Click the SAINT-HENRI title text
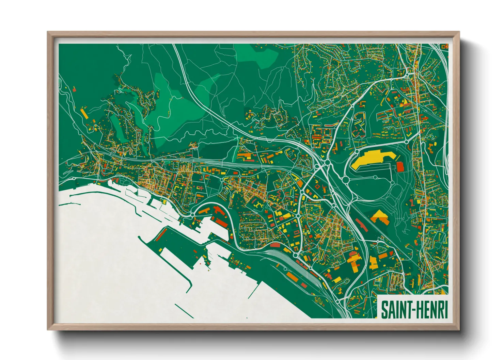pos(414,309)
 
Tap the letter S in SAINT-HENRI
pos(384,309)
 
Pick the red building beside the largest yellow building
pos(400,167)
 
